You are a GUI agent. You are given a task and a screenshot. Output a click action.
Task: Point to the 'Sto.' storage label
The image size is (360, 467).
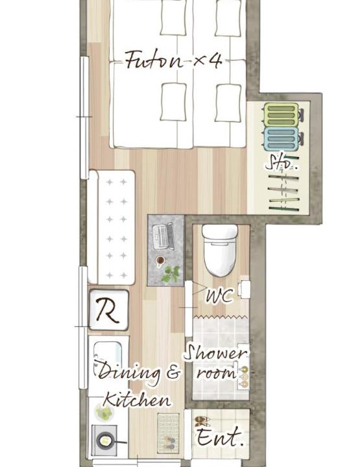pyautogui.click(x=281, y=162)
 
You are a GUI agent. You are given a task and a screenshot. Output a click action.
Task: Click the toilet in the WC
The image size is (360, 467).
pyautogui.click(x=220, y=250)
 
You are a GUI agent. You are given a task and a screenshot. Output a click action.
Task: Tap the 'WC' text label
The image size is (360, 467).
pyautogui.click(x=220, y=296)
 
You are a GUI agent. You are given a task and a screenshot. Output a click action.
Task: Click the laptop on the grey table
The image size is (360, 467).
pyautogui.click(x=163, y=236)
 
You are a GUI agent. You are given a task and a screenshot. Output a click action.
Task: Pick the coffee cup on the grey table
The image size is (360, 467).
pyautogui.click(x=160, y=261)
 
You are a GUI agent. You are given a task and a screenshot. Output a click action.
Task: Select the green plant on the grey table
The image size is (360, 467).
pyautogui.click(x=171, y=274)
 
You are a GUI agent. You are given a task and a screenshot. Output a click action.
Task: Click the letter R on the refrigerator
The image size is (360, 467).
pyautogui.click(x=108, y=311)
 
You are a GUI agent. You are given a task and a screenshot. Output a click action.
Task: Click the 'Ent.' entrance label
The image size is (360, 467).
pyautogui.click(x=219, y=437)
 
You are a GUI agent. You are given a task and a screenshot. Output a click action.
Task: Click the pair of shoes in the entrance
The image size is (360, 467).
pyautogui.click(x=202, y=421)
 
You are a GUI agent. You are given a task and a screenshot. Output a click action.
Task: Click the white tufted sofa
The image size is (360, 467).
pyautogui.click(x=112, y=227)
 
